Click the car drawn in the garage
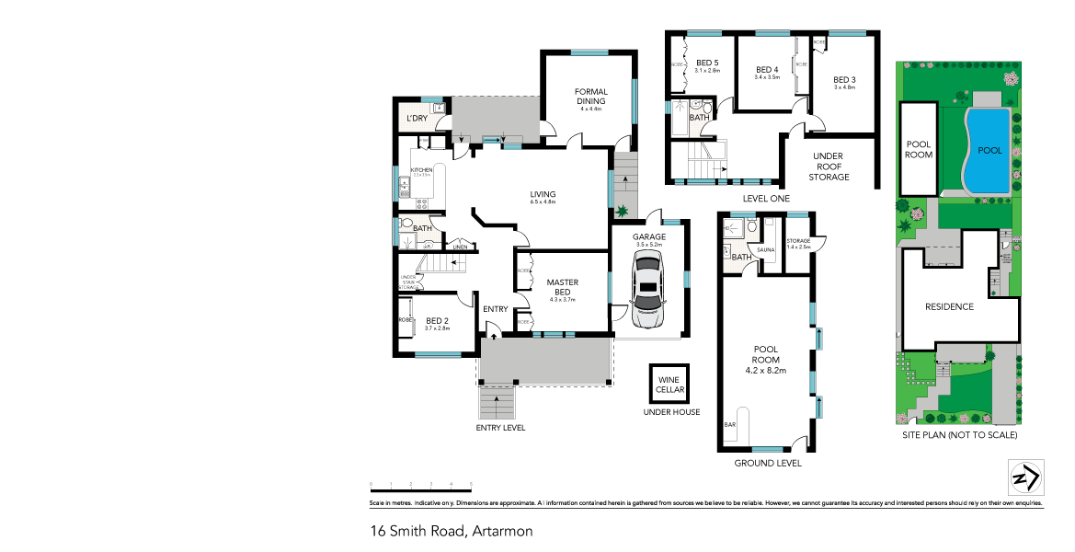tap(648, 291)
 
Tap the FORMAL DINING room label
tap(590, 96)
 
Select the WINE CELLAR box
tap(669, 384)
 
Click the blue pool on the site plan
tap(988, 150)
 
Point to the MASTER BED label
tap(561, 287)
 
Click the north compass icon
tap(1024, 478)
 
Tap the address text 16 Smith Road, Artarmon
tap(451, 531)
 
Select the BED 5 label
tap(707, 64)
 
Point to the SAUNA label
tap(765, 249)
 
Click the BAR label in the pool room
tap(731, 425)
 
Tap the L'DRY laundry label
tap(417, 119)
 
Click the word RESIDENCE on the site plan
tap(948, 306)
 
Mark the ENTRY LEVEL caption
tap(500, 428)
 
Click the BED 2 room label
tap(437, 323)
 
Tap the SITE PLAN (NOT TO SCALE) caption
tap(959, 435)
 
